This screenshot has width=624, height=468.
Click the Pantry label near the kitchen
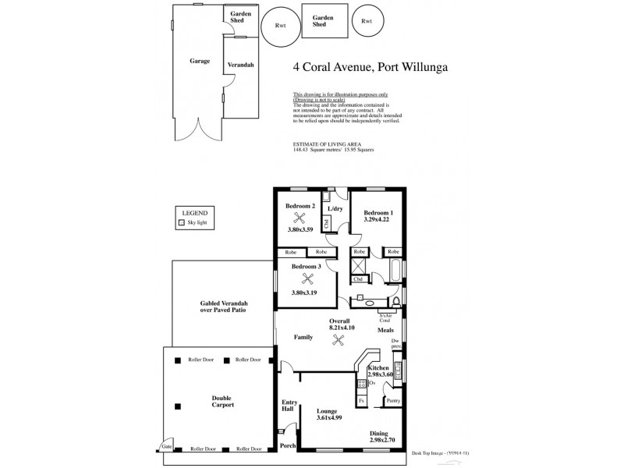(392, 401)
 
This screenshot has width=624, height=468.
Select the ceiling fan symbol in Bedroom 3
(308, 278)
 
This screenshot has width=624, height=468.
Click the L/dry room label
(335, 209)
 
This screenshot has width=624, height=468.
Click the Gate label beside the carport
(166, 447)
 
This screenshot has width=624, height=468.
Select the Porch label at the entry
(289, 446)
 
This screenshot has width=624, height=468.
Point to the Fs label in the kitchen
(361, 401)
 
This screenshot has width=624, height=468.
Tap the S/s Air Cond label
(384, 317)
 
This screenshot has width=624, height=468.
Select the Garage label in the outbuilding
(199, 61)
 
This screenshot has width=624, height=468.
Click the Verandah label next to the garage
(239, 65)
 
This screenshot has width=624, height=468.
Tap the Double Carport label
(222, 402)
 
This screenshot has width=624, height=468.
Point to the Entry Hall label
(289, 406)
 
